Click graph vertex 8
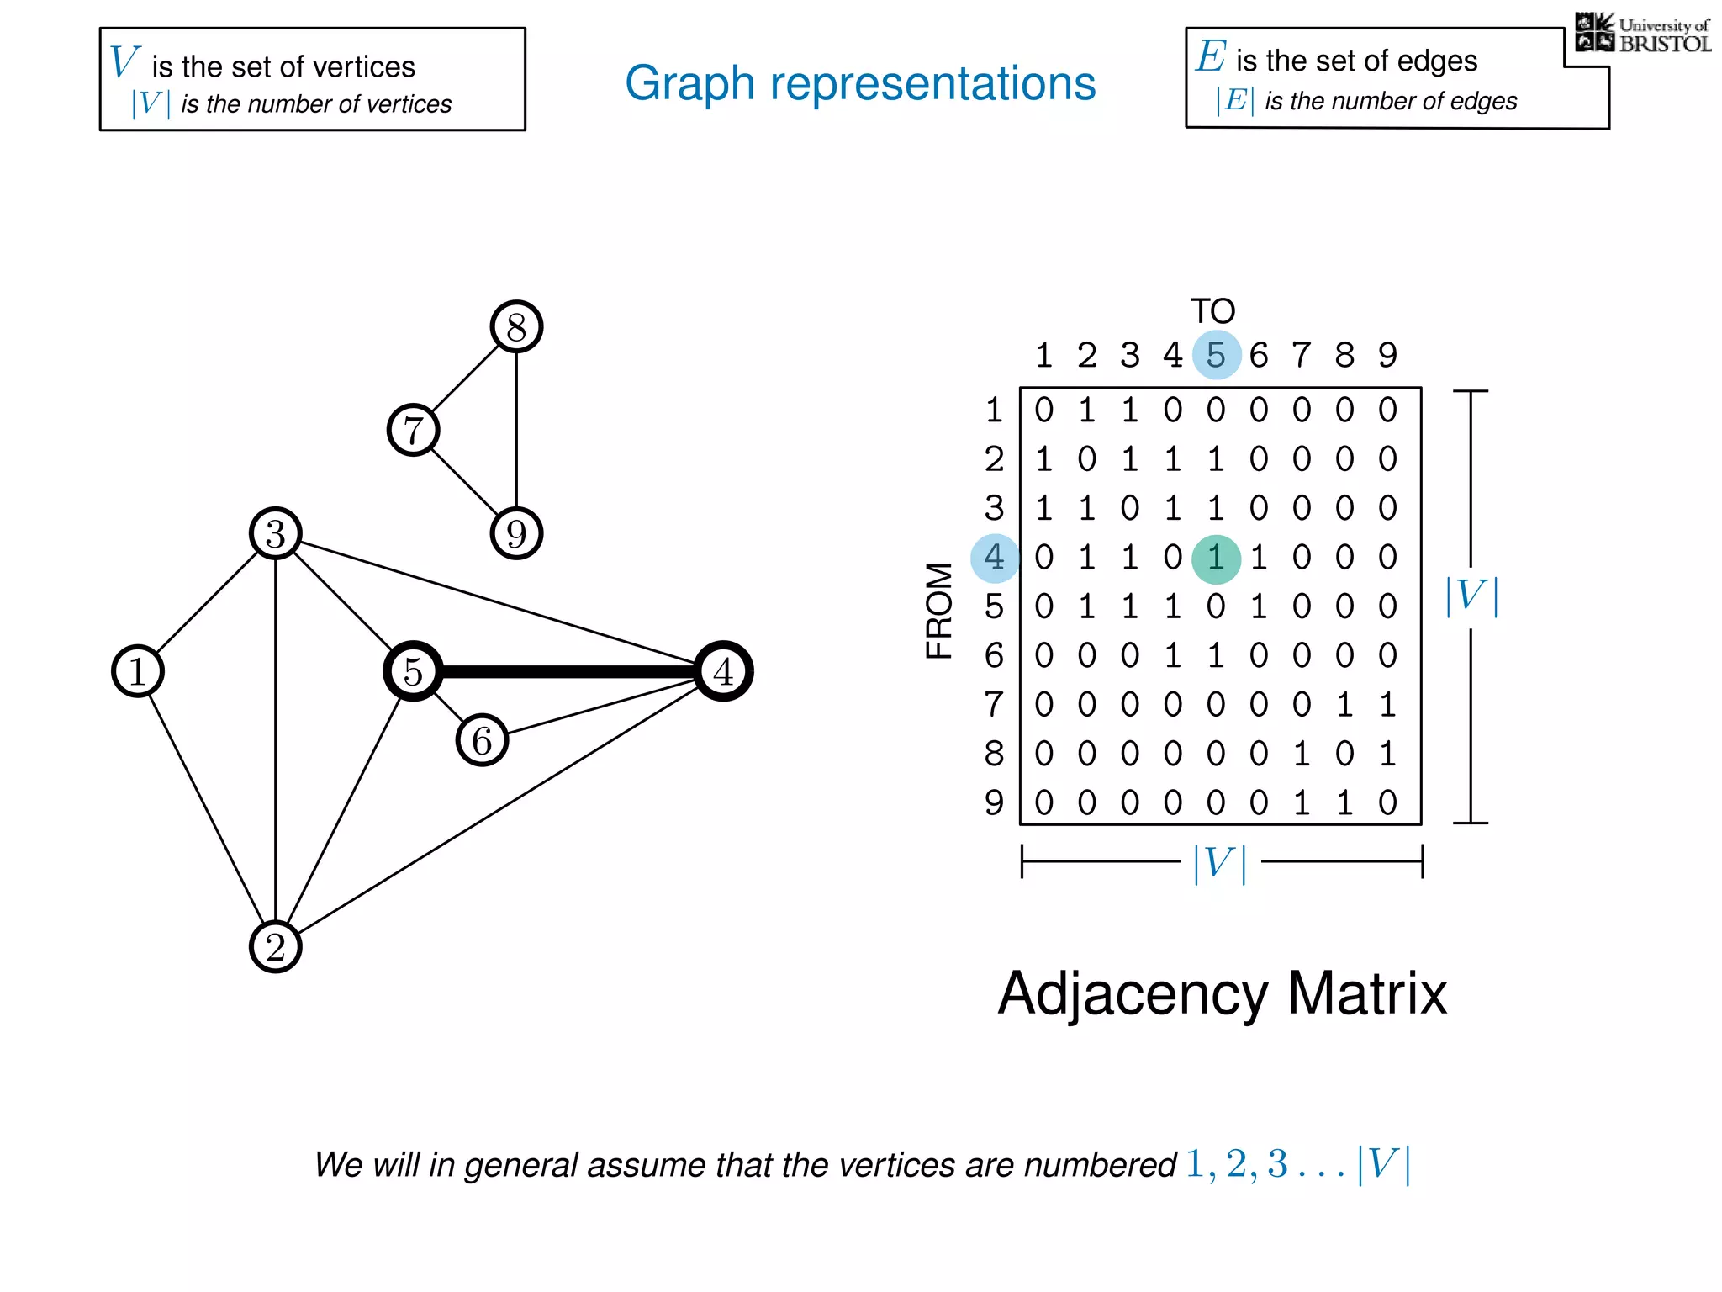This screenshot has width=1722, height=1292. point(516,326)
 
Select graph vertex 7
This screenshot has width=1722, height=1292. point(413,430)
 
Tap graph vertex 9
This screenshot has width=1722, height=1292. point(516,533)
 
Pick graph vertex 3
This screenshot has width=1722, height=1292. point(276,533)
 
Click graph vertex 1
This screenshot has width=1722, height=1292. point(138,671)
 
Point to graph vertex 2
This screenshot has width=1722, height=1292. point(276,947)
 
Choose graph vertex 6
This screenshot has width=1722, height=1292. point(482,740)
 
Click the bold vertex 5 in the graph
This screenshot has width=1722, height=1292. point(413,671)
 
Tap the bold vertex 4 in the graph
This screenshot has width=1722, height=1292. point(723,671)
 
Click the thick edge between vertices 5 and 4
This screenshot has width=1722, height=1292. point(568,671)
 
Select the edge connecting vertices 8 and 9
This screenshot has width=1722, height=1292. point(516,430)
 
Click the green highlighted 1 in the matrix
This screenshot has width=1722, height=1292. point(1216,559)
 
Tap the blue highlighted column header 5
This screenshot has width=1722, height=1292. point(1216,355)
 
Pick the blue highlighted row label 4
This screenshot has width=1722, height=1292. point(995,558)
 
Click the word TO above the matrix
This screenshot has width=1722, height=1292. point(1212,312)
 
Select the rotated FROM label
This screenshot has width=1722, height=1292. point(939,611)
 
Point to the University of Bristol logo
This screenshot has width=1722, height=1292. point(1642,33)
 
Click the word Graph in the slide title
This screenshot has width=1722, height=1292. point(689,84)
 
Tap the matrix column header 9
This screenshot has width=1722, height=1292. point(1387,355)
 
